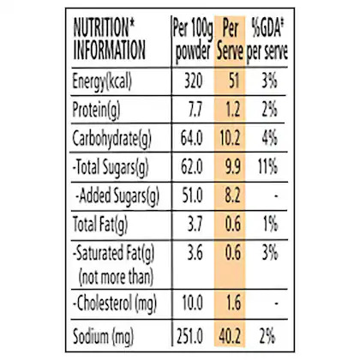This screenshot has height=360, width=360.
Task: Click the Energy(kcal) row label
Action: pos(102,81)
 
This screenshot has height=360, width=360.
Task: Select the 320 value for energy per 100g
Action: pos(194,81)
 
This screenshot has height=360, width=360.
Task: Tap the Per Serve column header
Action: pos(230,40)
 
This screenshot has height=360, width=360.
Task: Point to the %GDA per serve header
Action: pos(267,40)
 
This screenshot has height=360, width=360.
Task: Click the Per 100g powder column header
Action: pos(193,40)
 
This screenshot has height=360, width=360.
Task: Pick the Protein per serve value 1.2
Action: pos(233,110)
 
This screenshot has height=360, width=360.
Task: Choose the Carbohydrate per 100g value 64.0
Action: pos(192,138)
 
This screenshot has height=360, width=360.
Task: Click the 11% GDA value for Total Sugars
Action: pos(267,166)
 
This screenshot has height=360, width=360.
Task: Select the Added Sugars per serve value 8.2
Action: pos(232,195)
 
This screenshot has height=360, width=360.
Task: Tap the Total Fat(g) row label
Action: pos(100,225)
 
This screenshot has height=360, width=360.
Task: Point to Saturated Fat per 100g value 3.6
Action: pos(195,253)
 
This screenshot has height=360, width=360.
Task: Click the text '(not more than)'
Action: pos(116,277)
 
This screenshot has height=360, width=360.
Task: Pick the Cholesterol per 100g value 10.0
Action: pos(193,303)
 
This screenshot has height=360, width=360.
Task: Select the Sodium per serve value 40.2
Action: pos(230,336)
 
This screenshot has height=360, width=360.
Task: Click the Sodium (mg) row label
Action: pos(103,337)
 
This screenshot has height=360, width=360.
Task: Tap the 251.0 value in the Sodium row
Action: pos(189,336)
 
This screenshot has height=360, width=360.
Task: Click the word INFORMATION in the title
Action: pos(110,51)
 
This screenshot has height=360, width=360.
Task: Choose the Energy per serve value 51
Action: pos(234,81)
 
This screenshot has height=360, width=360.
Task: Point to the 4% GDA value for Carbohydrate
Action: pos(269,138)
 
